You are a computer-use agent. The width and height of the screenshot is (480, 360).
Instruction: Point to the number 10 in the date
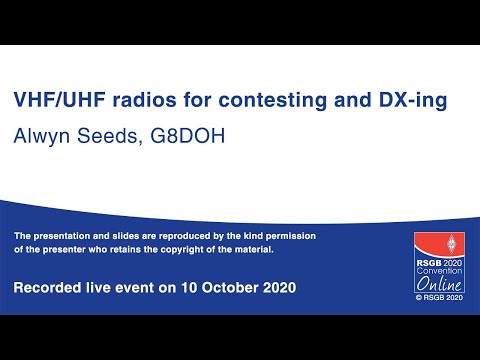coord(187,288)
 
